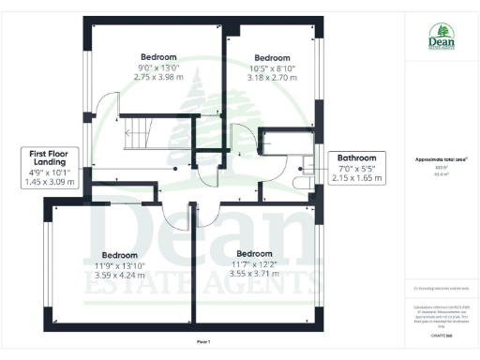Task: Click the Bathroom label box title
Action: click(357, 158)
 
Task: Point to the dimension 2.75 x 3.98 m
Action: click(158, 77)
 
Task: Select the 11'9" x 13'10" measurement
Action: click(120, 266)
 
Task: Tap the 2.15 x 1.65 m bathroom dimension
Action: click(357, 178)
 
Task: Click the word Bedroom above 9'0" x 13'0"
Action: click(158, 56)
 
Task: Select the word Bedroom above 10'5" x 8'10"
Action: click(272, 57)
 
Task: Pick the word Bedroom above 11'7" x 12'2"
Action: click(254, 254)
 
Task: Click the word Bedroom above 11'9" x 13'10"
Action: click(120, 255)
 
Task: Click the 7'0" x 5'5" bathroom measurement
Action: click(357, 169)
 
